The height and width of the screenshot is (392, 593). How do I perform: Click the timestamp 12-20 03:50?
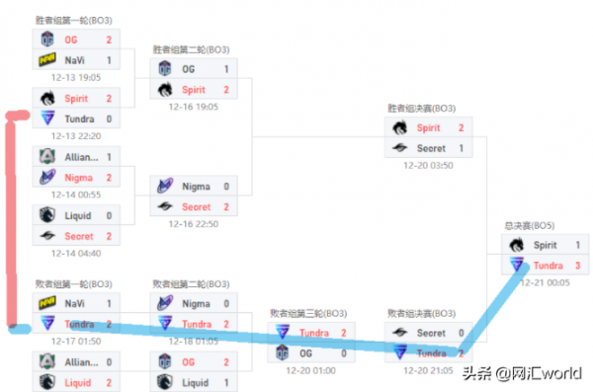coord(428,165)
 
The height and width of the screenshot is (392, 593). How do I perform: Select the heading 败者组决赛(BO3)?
coord(422,313)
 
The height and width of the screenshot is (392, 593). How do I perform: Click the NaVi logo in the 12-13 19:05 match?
coord(47,59)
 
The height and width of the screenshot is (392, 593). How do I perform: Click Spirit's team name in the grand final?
coord(547,244)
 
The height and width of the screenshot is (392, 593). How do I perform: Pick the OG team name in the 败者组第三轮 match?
coord(307,352)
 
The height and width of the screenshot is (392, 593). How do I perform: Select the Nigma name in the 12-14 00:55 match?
coord(78,177)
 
